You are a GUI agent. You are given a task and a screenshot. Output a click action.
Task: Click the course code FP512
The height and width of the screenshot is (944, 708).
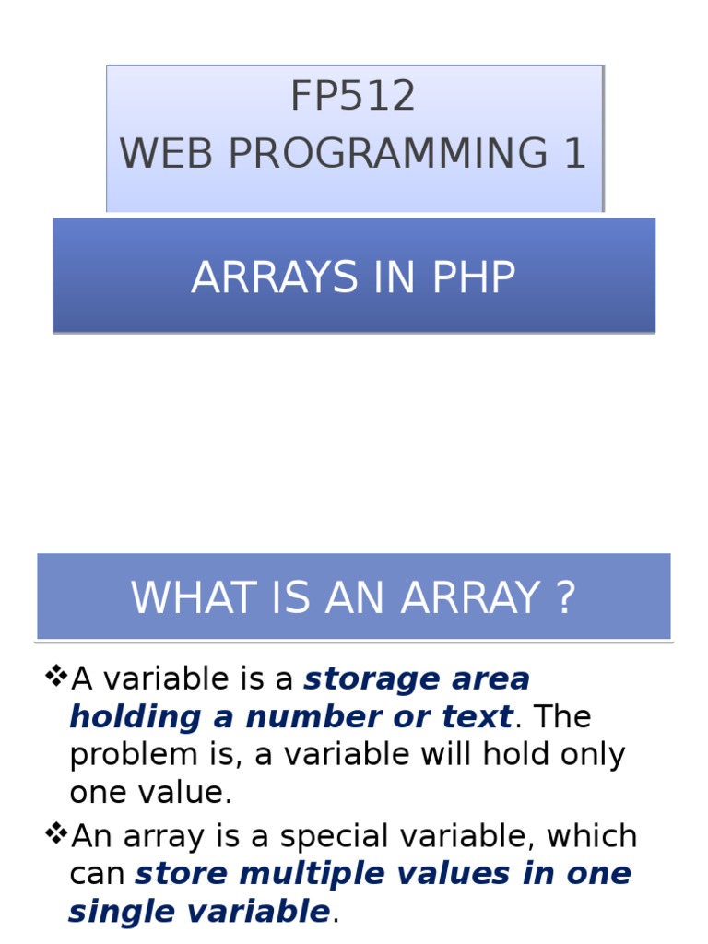tap(353, 97)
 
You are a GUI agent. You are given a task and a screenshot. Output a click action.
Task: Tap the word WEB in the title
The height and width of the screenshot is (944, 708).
tap(167, 154)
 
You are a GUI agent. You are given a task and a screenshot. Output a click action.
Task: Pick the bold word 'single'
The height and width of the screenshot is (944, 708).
tap(116, 912)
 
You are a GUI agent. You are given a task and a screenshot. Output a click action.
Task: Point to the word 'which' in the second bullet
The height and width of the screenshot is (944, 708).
tap(592, 836)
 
